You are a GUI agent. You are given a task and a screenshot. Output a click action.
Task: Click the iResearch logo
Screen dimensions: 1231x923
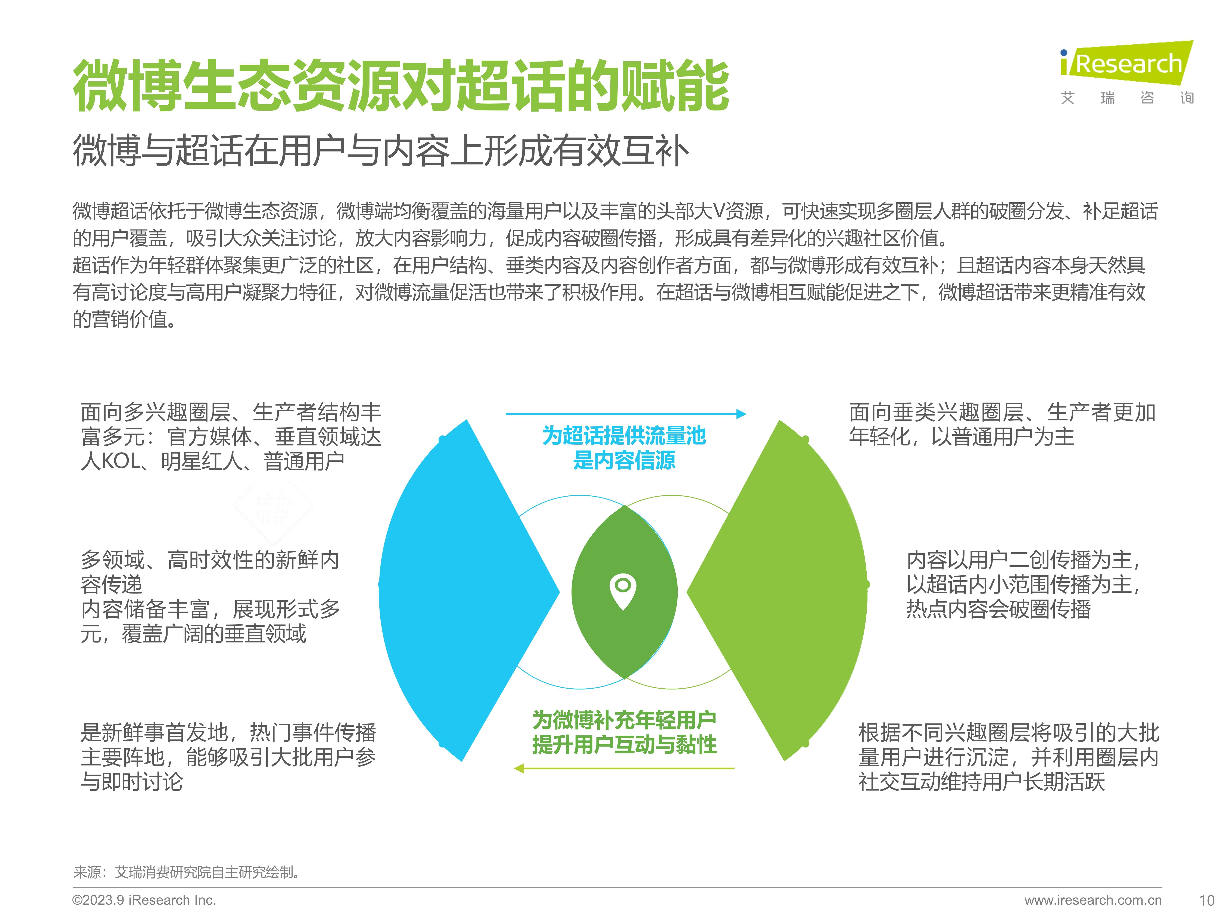[1127, 72]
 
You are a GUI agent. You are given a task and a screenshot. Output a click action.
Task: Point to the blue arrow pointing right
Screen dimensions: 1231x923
[626, 414]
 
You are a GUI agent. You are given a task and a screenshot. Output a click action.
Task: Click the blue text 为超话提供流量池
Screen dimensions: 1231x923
[624, 436]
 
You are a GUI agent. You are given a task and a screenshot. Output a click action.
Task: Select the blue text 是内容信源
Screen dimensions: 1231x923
[624, 460]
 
